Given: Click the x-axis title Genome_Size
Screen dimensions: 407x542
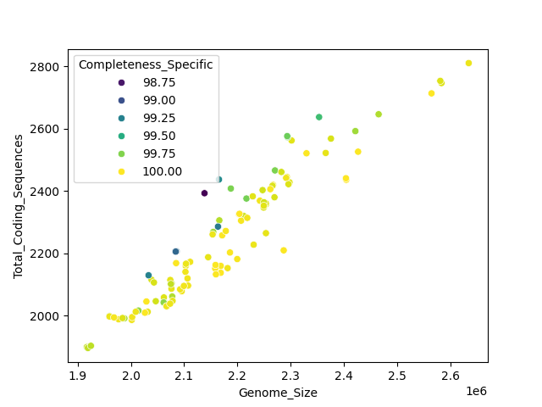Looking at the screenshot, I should click(278, 393).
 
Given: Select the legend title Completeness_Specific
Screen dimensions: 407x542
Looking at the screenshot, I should click(146, 64).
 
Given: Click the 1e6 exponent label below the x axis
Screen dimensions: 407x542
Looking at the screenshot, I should click(475, 391).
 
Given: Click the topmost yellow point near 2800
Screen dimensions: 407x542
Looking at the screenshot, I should click(468, 63).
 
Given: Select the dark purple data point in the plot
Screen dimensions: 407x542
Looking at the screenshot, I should click(204, 193).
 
